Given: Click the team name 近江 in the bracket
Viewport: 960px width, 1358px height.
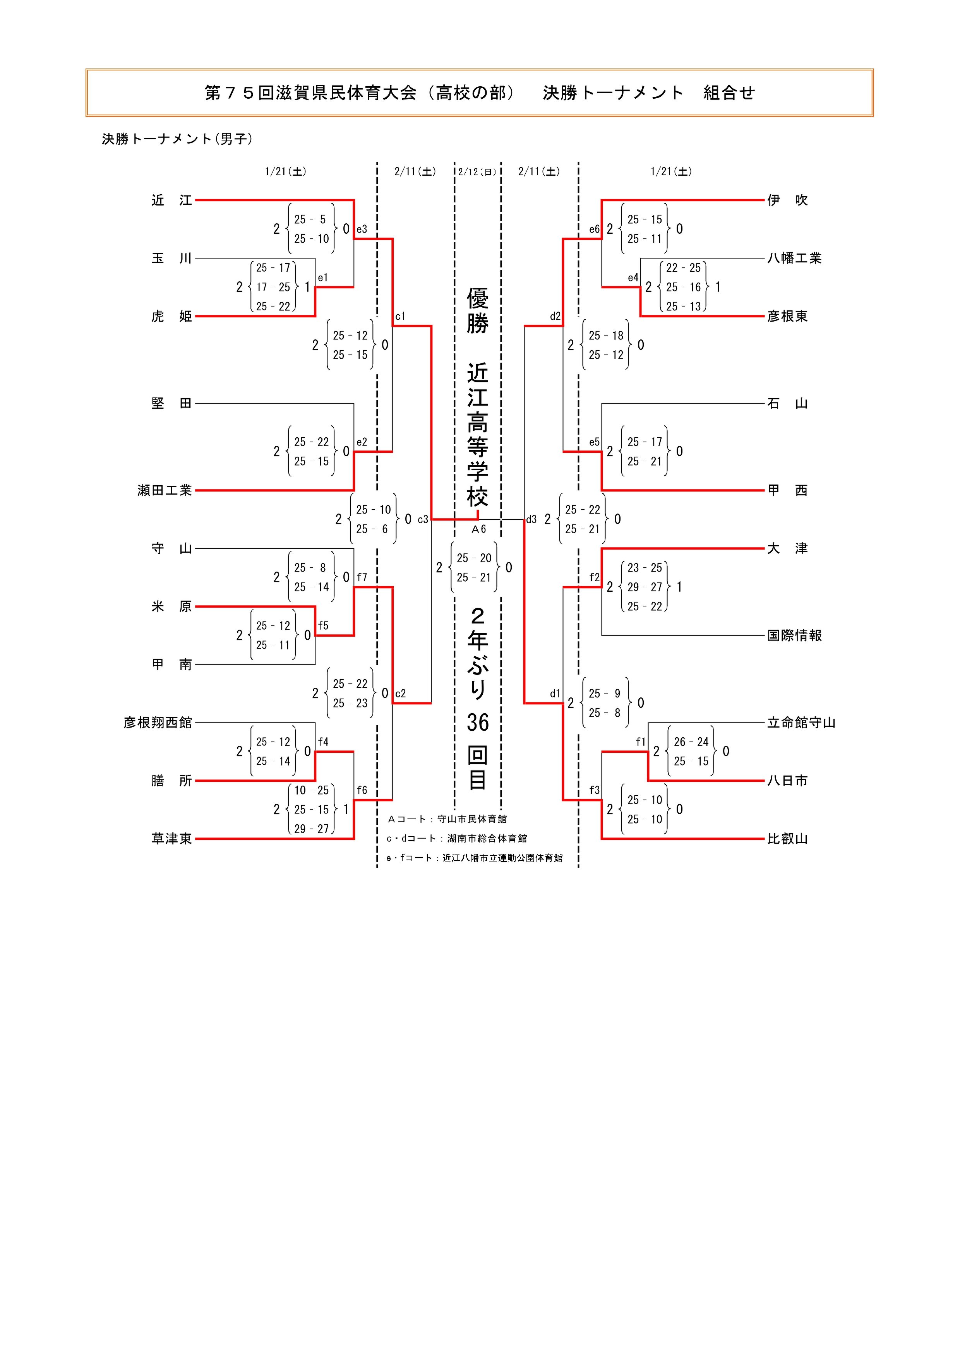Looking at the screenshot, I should click(x=171, y=200).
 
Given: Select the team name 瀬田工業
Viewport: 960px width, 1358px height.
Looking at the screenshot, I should click(x=165, y=490).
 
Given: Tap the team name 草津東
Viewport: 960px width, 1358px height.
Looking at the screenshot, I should click(x=171, y=839).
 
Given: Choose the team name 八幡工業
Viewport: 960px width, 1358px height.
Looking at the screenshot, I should click(x=794, y=259).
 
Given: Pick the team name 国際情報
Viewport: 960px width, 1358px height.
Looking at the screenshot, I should click(x=794, y=636).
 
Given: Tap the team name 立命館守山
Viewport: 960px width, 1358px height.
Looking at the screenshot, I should click(x=801, y=723).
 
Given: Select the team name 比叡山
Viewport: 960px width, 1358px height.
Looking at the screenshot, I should click(x=787, y=839).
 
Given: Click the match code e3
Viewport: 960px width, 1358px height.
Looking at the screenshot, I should click(x=362, y=229).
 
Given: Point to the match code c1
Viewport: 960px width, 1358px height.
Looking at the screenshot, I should click(x=400, y=317).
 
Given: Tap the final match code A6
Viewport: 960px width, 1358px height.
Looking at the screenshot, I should click(x=478, y=529).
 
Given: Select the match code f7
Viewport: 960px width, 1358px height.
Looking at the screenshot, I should click(x=362, y=577).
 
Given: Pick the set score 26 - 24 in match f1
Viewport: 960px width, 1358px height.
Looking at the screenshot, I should click(x=691, y=742).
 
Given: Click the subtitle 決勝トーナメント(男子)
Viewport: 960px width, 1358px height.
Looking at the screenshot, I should click(x=177, y=139).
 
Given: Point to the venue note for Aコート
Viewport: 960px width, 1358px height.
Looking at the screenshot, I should click(x=447, y=819).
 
